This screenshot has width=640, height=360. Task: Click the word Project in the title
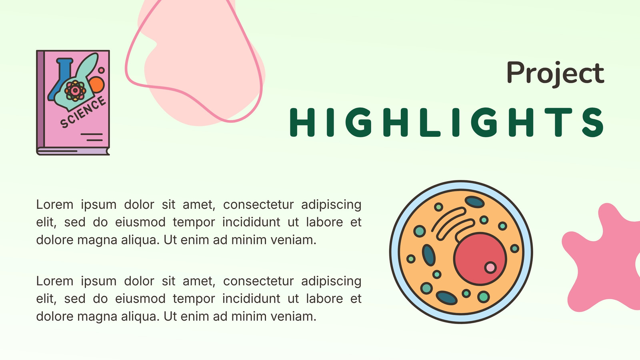pyautogui.click(x=556, y=73)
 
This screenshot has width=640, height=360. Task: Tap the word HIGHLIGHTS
pyautogui.click(x=447, y=122)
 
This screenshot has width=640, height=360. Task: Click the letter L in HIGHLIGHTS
pyautogui.click(x=430, y=122)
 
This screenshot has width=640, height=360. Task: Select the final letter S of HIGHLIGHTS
pyautogui.click(x=593, y=122)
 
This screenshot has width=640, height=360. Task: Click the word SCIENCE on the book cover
pyautogui.click(x=83, y=112)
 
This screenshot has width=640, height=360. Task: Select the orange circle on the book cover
pyautogui.click(x=96, y=84)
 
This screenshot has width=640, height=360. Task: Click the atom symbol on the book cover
pyautogui.click(x=75, y=91)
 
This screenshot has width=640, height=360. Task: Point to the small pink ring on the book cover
pyautogui.click(x=101, y=70)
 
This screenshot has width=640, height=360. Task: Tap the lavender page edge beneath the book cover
pyautogui.click(x=73, y=152)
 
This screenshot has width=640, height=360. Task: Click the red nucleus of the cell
pyautogui.click(x=480, y=259)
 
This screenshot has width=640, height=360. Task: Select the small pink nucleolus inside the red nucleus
pyautogui.click(x=490, y=268)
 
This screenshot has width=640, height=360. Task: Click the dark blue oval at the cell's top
pyautogui.click(x=474, y=202)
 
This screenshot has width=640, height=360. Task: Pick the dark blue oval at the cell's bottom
pyautogui.click(x=446, y=298)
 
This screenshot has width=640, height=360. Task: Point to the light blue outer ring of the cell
pyautogui.click(x=394, y=252)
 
